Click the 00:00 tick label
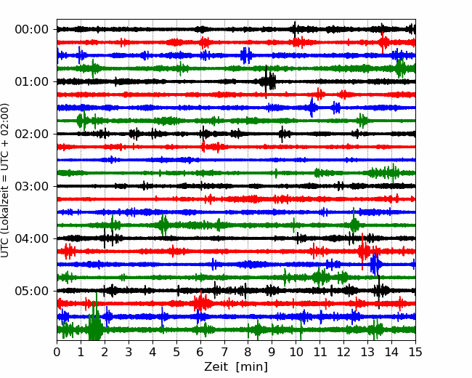coord(31,30)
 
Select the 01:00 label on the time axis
coord(31,81)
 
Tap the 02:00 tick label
coord(31,134)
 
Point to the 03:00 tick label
coord(31,186)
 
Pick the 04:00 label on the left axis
coord(31,238)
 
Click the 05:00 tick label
coord(31,291)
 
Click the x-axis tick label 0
coord(57,352)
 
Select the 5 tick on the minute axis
coord(176,352)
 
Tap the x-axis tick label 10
coord(296,352)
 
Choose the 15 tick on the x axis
coord(415,352)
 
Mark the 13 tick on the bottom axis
coord(367,352)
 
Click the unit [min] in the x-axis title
coord(252,367)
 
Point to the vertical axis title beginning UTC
coord(4,180)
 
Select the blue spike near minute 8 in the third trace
coord(246,56)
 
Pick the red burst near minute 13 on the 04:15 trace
coord(364,251)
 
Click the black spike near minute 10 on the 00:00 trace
coord(295,30)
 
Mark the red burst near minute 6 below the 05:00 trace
coord(201,303)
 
